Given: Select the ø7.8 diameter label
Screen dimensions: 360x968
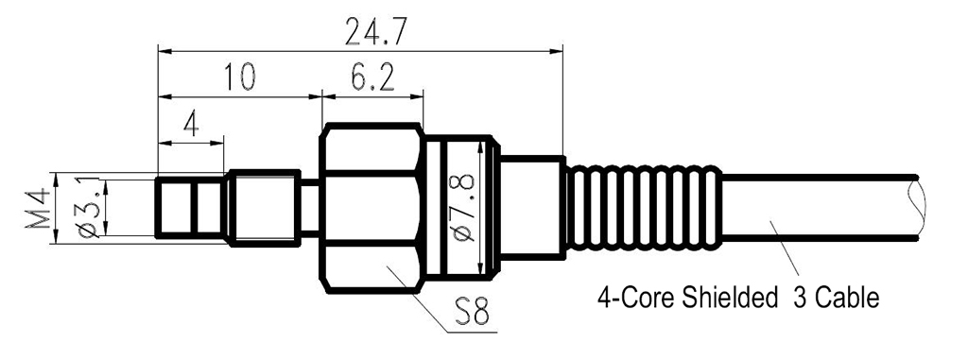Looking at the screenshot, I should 465,204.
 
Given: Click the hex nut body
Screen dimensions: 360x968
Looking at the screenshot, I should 371,206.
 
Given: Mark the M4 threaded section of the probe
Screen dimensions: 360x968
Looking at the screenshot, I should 264,207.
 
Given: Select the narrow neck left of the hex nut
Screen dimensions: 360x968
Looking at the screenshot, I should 310,205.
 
